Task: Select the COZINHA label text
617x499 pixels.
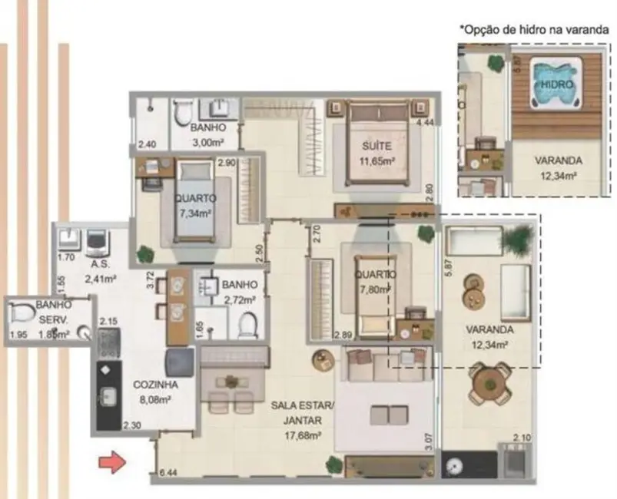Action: tap(156, 385)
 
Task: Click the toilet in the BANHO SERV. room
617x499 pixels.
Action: tap(21, 314)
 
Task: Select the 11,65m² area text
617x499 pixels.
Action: tap(377, 160)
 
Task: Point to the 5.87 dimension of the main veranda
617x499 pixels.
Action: tap(449, 269)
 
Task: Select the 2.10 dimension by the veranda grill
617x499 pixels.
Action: tap(522, 438)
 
